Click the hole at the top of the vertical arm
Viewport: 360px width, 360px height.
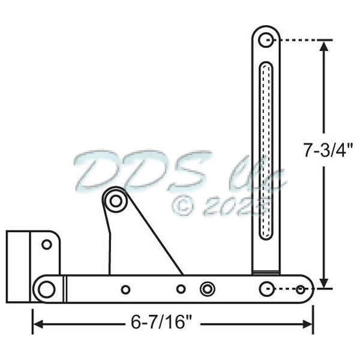(266, 40)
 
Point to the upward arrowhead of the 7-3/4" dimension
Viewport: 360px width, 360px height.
(325, 47)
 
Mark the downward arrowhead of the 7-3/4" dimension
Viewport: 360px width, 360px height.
(325, 282)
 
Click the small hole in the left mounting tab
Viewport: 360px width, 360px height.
(46, 244)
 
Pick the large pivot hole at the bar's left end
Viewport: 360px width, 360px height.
(46, 289)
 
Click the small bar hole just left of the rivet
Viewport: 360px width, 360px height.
(181, 289)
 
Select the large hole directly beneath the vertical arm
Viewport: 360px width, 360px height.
(266, 289)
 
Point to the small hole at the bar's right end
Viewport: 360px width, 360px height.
(300, 290)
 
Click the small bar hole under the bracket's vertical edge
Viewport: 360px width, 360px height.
(125, 290)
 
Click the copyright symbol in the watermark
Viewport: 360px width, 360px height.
(182, 205)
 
